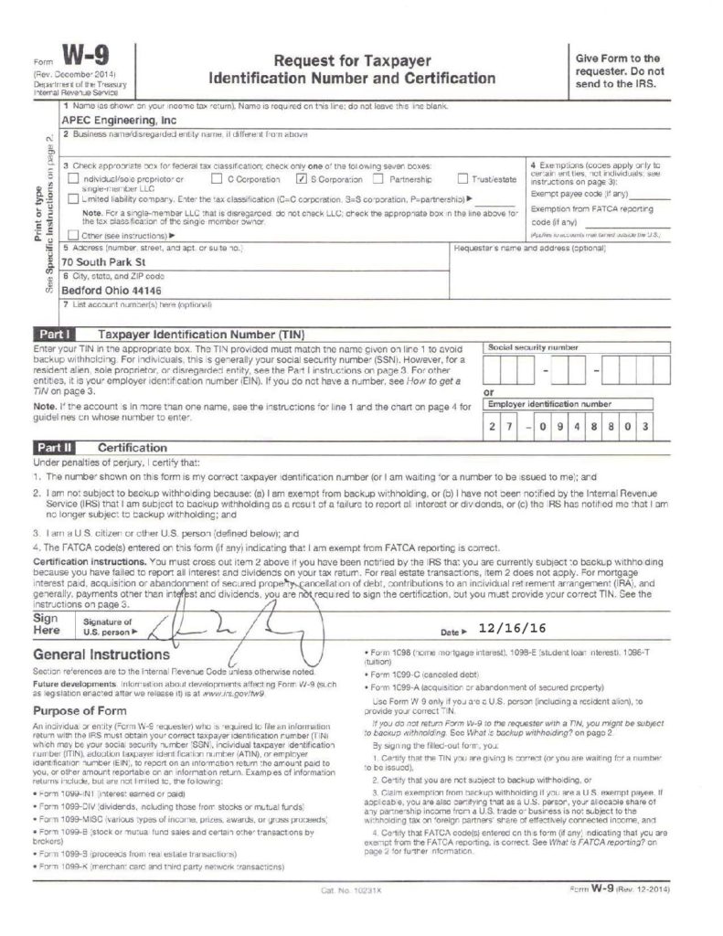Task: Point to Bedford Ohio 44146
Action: click(113, 292)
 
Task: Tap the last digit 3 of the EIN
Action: click(643, 427)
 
